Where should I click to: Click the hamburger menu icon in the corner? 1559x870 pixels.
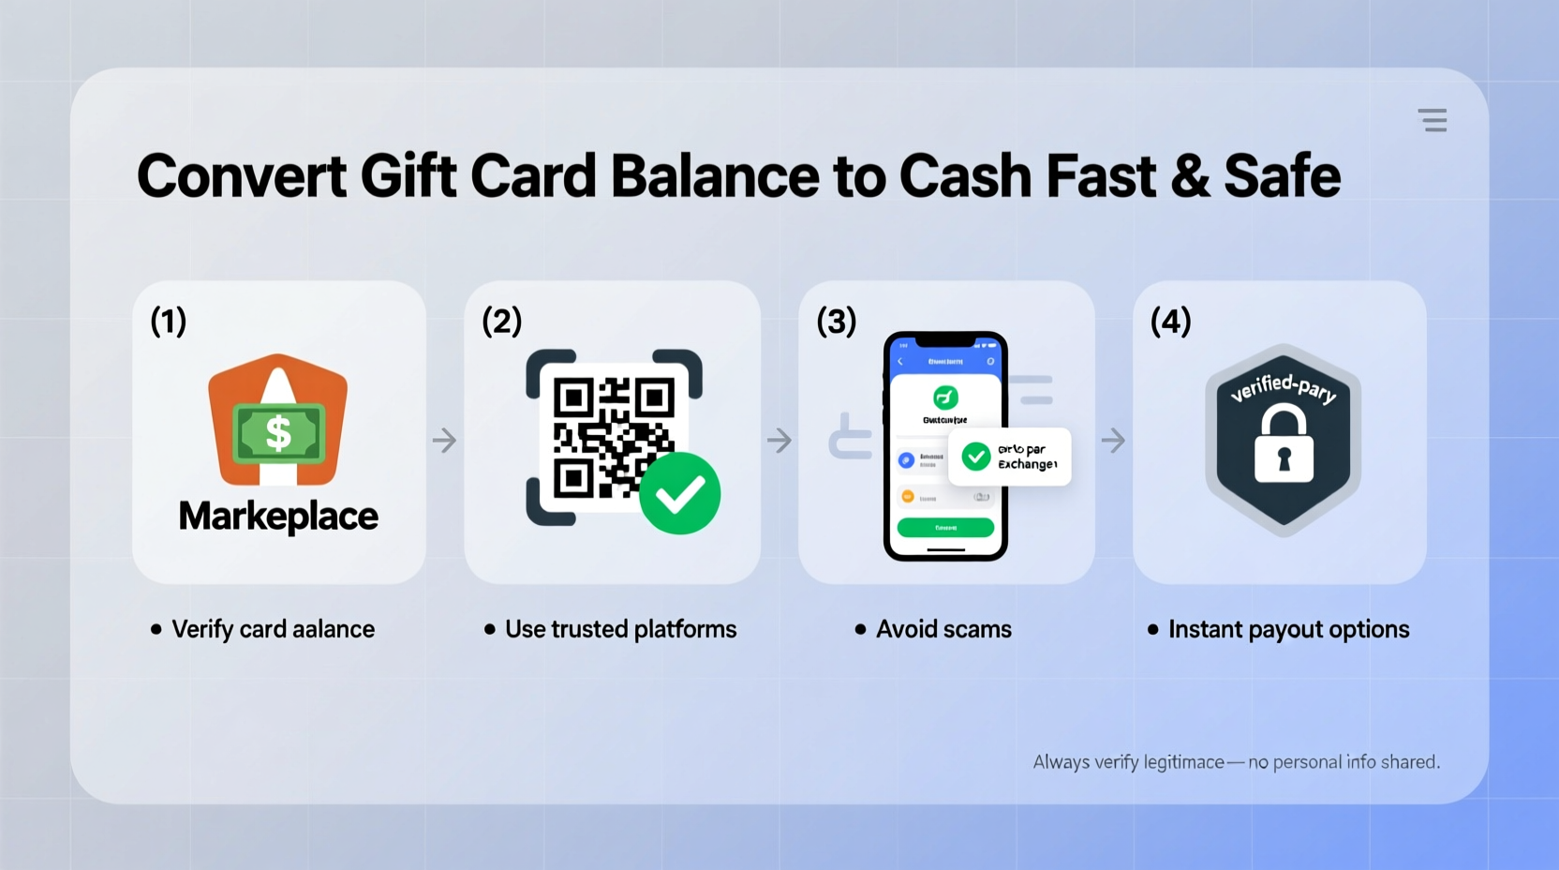(x=1432, y=120)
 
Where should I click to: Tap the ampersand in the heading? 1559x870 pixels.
(x=1190, y=176)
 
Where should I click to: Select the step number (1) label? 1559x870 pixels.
(x=169, y=322)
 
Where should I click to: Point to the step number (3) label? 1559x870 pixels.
(x=836, y=322)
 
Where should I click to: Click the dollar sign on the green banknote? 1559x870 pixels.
(x=278, y=433)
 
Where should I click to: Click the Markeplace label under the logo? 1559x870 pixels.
(x=278, y=517)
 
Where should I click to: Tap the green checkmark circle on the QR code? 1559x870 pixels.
(x=679, y=493)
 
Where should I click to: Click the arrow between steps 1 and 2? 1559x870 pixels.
(x=445, y=440)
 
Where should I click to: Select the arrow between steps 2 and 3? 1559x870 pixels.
(x=779, y=440)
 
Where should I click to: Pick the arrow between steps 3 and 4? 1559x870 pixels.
(x=1113, y=440)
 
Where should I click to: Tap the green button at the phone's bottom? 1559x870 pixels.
(x=945, y=528)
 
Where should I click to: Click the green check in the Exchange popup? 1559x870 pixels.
(x=976, y=457)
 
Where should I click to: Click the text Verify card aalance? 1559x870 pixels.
(x=273, y=629)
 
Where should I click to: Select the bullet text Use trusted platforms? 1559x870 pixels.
(x=620, y=629)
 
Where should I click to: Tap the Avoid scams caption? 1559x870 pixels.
(x=943, y=629)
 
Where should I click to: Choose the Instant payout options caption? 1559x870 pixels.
(x=1288, y=629)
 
